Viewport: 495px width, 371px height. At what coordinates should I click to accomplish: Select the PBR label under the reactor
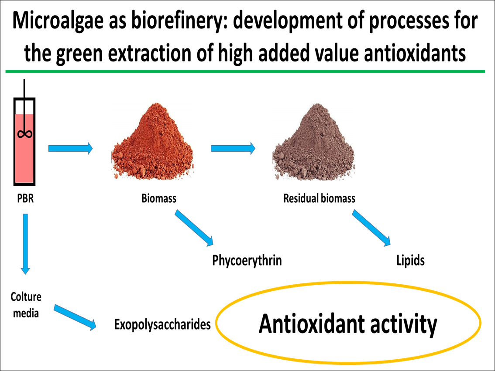pos(25,199)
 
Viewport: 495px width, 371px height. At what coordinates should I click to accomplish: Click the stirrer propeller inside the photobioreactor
pos(24,134)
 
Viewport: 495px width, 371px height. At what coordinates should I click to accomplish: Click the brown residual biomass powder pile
pos(314,142)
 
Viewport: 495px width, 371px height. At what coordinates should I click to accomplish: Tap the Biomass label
pos(159,199)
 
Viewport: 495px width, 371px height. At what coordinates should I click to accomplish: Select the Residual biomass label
pos(319,199)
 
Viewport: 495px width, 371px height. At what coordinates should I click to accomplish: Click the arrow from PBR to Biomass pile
pos(70,148)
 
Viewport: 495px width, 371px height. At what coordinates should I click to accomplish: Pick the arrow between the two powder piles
pos(233,148)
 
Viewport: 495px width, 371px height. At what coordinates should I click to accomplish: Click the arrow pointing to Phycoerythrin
pos(194,228)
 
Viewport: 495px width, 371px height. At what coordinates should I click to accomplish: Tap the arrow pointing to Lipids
pos(371,228)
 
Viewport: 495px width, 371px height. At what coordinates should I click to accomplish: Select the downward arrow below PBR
pos(26,244)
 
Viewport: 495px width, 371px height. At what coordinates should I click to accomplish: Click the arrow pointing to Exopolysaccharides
pos(75,317)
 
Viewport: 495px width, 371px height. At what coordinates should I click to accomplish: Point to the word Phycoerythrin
pos(247,261)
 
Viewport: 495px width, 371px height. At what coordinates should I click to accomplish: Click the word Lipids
pos(410,261)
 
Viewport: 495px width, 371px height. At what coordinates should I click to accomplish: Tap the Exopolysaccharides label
pos(162,325)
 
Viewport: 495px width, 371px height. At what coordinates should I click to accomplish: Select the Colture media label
pos(26,305)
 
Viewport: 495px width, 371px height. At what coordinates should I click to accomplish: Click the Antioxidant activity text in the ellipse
pos(348,324)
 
